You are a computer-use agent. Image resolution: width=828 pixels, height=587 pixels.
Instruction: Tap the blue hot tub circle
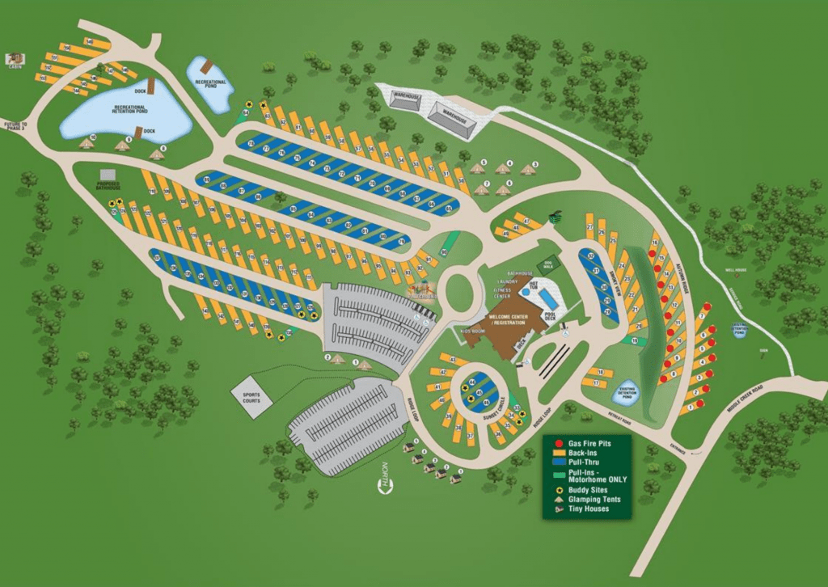(x=526, y=291)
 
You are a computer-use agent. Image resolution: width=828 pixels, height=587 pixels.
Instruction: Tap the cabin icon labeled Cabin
(x=15, y=59)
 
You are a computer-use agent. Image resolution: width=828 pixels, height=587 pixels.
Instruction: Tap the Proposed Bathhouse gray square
(x=108, y=175)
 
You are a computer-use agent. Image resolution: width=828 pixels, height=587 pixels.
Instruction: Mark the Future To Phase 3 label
(x=15, y=126)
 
